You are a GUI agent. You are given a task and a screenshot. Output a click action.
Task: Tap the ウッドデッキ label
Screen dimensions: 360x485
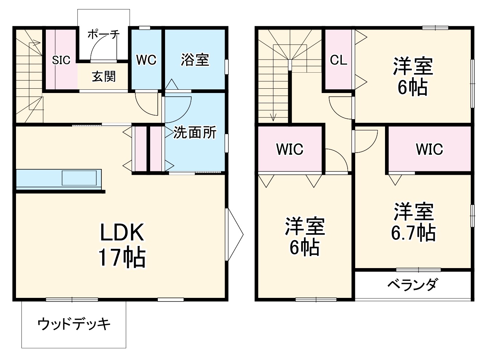[x=74, y=323]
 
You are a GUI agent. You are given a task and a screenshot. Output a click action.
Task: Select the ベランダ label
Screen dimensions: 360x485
[x=412, y=285]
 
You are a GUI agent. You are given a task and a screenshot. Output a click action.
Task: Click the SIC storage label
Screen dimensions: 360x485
[x=61, y=60]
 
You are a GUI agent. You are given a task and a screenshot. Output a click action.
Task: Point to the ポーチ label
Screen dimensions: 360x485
[x=104, y=35]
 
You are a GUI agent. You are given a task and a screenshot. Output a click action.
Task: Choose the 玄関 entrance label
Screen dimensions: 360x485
[x=104, y=76]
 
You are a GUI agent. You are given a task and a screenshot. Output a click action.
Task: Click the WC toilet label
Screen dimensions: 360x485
[x=146, y=60]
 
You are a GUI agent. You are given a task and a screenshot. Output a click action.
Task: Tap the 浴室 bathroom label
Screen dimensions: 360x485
[x=195, y=60]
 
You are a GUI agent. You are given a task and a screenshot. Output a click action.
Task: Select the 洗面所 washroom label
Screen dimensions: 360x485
[x=195, y=133]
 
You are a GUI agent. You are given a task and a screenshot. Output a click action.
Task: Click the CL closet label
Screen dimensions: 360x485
[x=338, y=60]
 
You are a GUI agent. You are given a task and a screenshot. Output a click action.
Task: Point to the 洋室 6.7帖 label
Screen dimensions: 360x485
[x=413, y=222]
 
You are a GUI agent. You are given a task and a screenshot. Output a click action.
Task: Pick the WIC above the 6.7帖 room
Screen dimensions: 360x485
[x=429, y=149]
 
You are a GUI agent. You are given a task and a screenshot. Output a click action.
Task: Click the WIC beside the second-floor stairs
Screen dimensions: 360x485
[x=290, y=149]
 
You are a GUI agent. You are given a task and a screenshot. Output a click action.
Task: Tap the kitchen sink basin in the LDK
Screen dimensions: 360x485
[x=80, y=178]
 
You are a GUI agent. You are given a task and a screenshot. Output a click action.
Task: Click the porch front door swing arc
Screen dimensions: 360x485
[x=97, y=47]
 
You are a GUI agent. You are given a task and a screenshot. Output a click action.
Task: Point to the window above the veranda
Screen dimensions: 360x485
[x=418, y=270]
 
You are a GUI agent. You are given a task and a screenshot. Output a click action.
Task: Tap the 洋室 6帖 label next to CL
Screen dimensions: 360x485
[x=413, y=76]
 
